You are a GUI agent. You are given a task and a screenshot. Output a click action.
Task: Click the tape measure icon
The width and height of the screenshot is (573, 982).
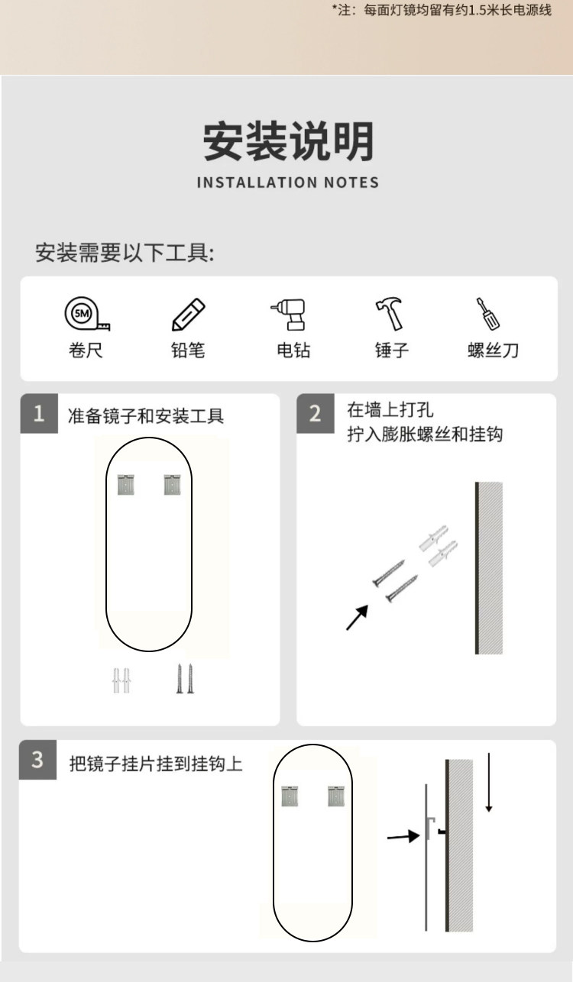(86, 314)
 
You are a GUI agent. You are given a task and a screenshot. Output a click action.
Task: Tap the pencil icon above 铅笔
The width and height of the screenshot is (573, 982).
(188, 314)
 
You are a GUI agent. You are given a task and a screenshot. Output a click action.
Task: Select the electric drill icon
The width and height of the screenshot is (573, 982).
(291, 314)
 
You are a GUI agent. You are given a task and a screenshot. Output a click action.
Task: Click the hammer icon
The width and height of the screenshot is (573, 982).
(391, 314)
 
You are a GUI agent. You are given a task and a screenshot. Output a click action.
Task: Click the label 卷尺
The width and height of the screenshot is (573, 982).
(86, 350)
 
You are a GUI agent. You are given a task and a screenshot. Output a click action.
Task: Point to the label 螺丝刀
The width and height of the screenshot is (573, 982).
(493, 350)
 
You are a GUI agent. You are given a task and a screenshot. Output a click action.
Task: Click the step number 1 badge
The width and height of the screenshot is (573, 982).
(39, 414)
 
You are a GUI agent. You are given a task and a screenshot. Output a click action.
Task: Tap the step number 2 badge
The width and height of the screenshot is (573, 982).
(315, 414)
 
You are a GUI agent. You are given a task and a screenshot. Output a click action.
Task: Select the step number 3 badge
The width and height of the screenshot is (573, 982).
(38, 761)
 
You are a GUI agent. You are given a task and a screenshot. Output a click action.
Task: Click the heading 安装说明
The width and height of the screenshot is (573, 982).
(288, 141)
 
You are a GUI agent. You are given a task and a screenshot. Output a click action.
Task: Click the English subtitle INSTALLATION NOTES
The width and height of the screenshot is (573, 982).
(288, 183)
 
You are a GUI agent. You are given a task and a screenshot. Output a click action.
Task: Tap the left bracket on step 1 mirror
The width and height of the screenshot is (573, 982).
(126, 484)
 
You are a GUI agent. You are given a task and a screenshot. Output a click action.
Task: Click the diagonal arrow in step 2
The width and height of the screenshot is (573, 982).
(357, 618)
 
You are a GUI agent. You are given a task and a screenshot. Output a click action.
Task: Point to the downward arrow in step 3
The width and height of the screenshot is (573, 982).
(489, 783)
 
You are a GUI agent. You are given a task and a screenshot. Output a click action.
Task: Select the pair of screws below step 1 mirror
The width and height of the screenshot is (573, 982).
(185, 678)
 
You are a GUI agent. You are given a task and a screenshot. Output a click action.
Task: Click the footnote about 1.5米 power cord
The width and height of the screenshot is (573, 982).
(441, 11)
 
